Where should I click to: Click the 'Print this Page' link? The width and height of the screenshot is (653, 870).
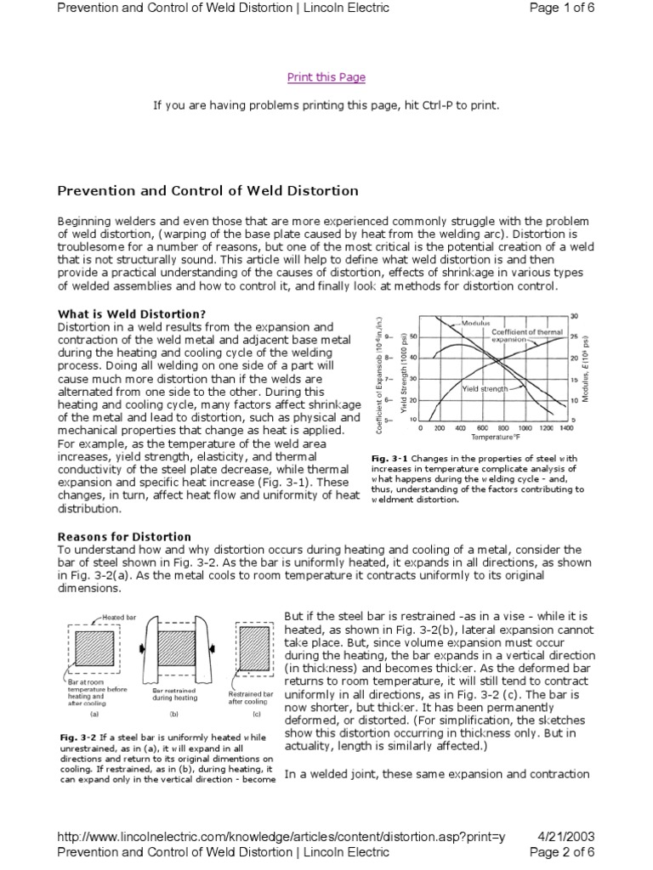tap(326, 77)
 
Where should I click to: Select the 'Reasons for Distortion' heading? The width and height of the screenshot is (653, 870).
tap(124, 537)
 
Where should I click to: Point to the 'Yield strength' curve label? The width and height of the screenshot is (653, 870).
tap(485, 388)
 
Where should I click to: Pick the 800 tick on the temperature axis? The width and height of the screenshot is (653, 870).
tap(503, 429)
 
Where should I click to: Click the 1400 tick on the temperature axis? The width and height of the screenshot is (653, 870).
tap(565, 429)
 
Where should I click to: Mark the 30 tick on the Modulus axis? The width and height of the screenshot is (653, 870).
tap(574, 316)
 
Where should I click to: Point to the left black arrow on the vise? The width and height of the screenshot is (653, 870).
tap(142, 650)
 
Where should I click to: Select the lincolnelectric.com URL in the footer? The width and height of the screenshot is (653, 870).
tap(281, 837)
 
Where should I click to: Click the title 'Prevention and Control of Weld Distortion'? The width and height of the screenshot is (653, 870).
tap(207, 190)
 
